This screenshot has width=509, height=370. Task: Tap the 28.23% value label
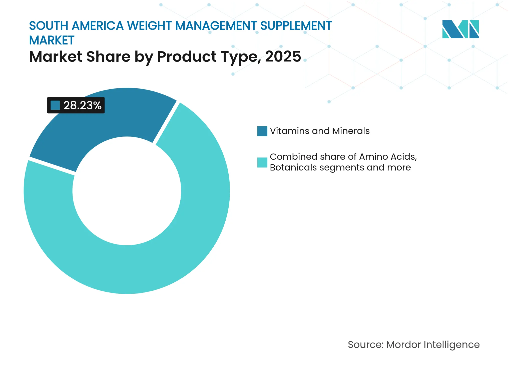tap(82, 105)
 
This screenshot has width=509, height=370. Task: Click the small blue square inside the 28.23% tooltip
tap(55, 105)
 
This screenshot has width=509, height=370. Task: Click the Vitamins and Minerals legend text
tap(319, 131)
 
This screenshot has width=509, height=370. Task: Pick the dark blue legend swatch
tap(262, 131)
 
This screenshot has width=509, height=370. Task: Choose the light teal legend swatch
tap(262, 162)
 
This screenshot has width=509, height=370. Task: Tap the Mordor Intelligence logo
tap(460, 29)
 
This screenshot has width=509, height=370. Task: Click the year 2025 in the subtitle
tap(283, 56)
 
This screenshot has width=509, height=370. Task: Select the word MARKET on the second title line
tap(52, 40)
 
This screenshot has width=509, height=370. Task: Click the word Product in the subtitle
tap(187, 56)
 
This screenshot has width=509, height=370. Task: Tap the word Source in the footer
tap(365, 344)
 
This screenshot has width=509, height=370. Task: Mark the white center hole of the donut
tap(127, 191)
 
